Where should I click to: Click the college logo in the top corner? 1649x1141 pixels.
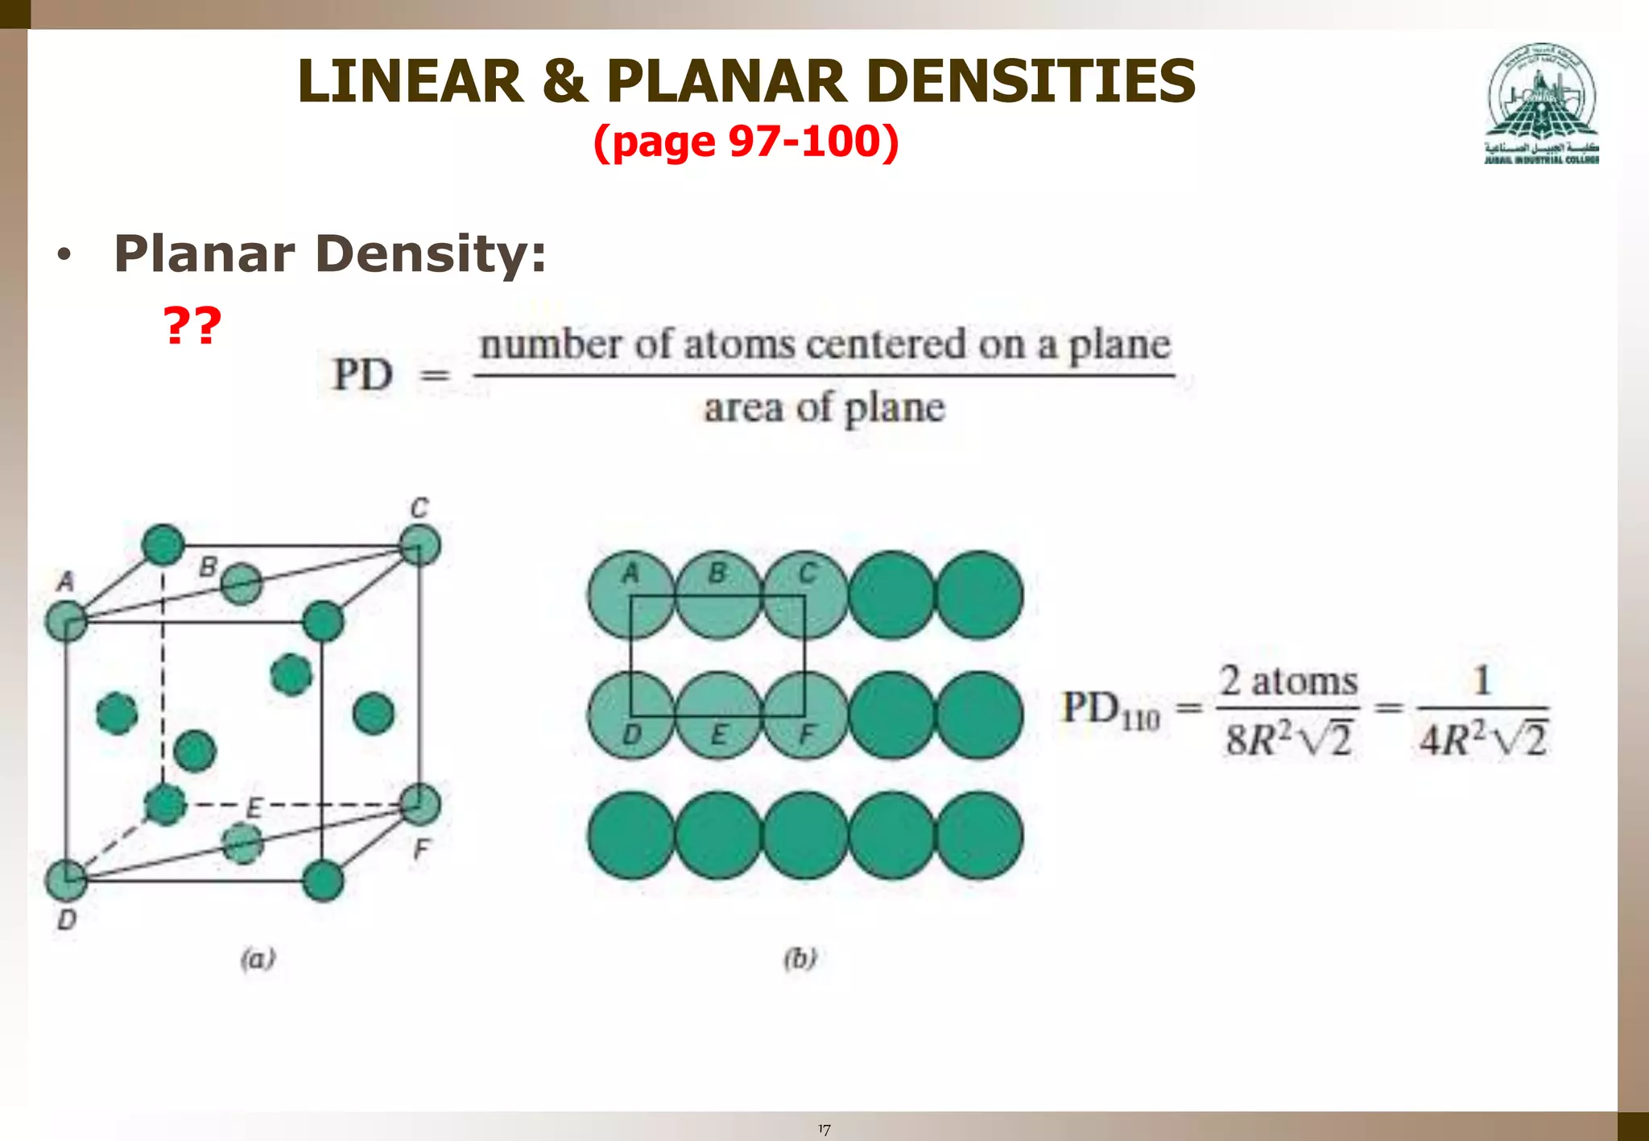1542,103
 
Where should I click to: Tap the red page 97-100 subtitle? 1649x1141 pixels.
746,142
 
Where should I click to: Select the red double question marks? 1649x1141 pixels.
192,325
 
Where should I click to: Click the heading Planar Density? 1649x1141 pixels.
330,253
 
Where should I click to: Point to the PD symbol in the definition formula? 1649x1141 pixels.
363,375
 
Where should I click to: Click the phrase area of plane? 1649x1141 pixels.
824,408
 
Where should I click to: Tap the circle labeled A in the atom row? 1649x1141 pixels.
631,595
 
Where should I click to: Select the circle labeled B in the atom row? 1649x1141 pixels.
718,595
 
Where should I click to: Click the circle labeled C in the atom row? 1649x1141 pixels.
805,595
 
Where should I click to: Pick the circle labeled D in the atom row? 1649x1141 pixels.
631,715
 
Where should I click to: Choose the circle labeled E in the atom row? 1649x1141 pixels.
718,715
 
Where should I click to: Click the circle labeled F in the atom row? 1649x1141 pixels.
805,715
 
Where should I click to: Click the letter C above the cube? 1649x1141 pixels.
419,509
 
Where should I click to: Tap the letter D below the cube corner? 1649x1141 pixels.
67,919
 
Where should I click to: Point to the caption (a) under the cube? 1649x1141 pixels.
258,958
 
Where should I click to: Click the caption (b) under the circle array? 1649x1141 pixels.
800,958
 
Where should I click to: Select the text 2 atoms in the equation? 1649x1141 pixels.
1288,682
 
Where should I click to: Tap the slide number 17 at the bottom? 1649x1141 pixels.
824,1130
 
